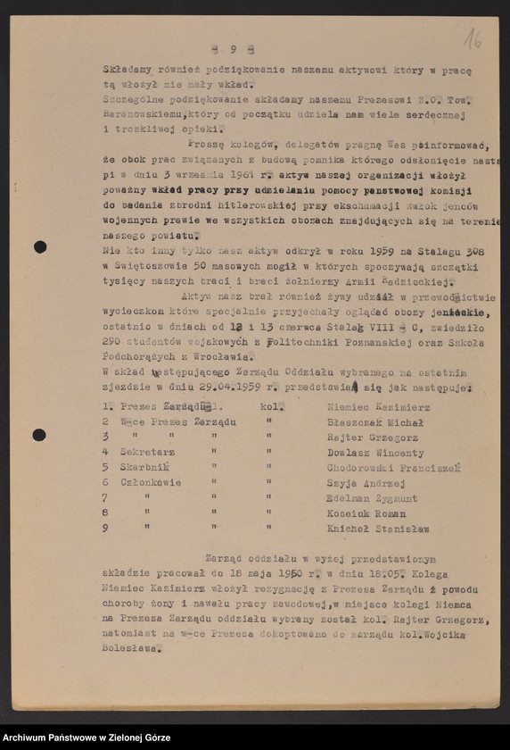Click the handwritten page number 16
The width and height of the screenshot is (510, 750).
coord(473,37)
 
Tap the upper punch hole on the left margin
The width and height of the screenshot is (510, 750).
coord(40,246)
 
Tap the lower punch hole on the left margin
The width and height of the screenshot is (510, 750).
coord(39,435)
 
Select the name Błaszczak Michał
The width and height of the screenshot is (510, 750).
coord(373,421)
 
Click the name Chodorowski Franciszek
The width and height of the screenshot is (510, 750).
coord(392,467)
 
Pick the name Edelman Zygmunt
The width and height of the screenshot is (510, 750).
coord(372,498)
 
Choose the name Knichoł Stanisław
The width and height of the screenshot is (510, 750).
coord(378,529)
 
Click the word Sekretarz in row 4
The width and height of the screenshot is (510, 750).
coord(148,452)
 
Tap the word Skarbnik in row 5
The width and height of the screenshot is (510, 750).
coord(144,467)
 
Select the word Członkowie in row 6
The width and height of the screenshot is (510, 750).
coord(151,482)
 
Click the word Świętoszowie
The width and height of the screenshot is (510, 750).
coord(151,267)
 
